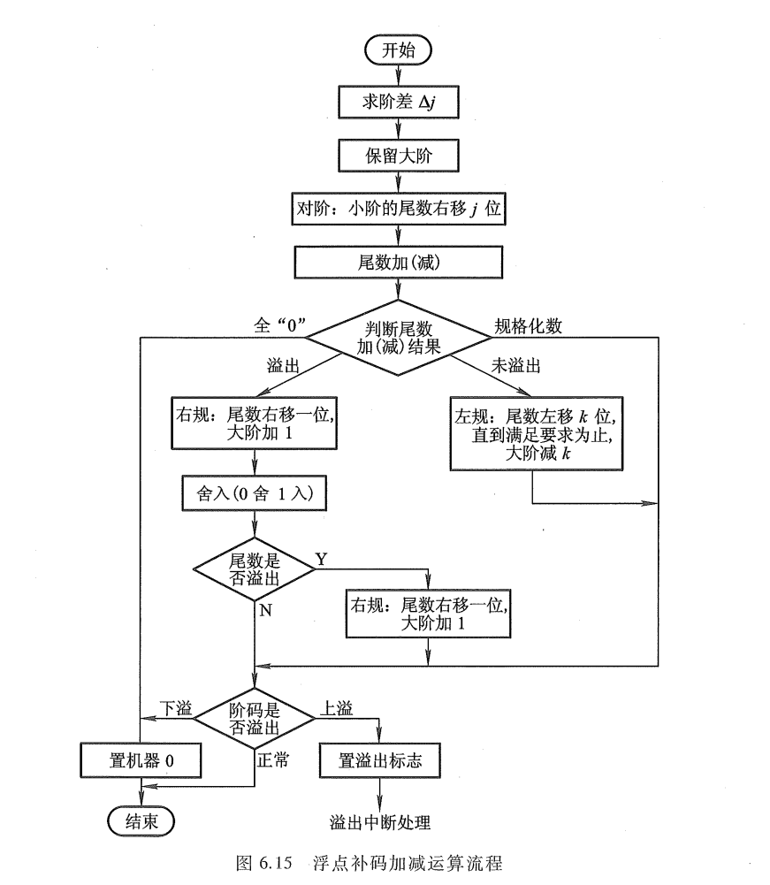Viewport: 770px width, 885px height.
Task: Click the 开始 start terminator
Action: pos(397,50)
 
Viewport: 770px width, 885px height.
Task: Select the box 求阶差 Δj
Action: pos(396,102)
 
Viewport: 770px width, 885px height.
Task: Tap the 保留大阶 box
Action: pos(396,156)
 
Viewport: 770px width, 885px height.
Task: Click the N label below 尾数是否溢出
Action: pos(264,609)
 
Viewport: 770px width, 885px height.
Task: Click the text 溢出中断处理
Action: pos(380,822)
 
